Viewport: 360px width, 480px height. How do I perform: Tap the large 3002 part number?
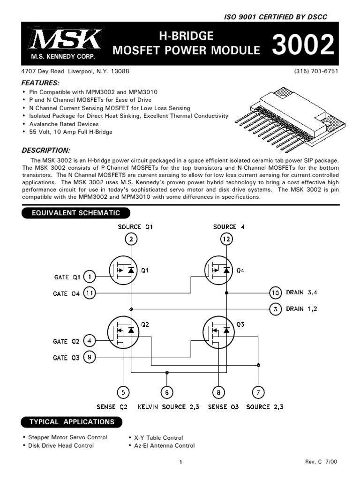(303, 46)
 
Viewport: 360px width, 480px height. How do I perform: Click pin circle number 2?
(131, 240)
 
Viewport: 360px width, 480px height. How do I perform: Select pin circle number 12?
(227, 240)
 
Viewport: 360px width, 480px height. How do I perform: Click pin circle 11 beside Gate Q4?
(90, 293)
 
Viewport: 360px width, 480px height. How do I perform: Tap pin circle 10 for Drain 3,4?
(275, 293)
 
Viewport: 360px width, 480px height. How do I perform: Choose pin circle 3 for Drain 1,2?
(275, 309)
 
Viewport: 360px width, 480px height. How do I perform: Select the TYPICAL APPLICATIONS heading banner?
(71, 422)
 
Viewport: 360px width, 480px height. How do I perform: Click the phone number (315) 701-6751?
(316, 72)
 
